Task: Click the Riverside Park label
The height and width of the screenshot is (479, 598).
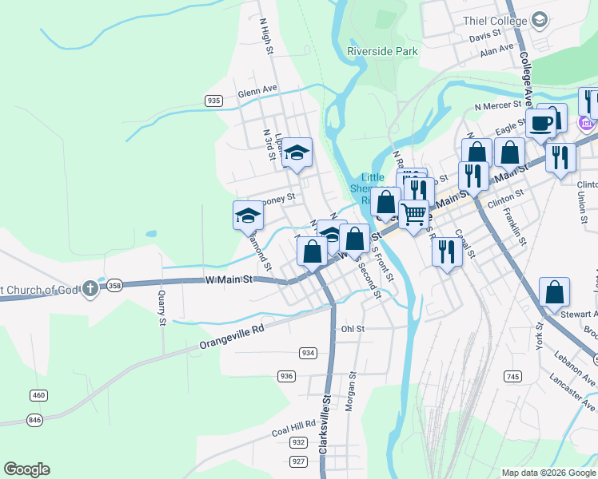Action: [x=382, y=51]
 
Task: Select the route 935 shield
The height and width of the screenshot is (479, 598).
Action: [x=213, y=101]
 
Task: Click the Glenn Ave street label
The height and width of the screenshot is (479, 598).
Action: [x=257, y=93]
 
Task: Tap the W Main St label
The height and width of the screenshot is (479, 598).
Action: [x=229, y=279]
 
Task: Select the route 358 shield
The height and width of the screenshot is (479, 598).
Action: [x=115, y=285]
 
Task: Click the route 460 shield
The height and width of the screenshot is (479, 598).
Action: [x=38, y=395]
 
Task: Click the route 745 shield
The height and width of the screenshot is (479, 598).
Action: [x=512, y=376]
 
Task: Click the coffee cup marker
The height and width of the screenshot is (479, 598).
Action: [x=540, y=124]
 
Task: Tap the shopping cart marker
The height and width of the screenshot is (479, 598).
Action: [x=413, y=214]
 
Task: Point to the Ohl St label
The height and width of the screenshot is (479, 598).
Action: [x=353, y=328]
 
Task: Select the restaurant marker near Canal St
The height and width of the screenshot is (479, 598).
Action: [x=446, y=251]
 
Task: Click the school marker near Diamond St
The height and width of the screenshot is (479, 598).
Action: [x=248, y=214]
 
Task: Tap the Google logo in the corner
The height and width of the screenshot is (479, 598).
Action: [x=26, y=469]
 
